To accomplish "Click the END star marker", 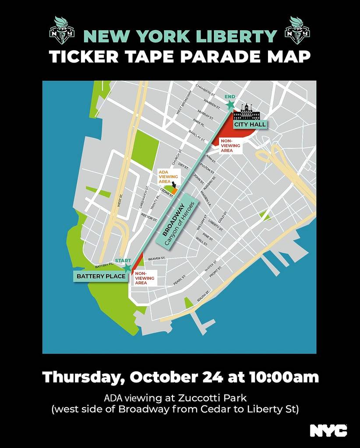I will click(229, 105).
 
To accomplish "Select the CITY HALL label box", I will click(250, 125).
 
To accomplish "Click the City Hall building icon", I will click(247, 113).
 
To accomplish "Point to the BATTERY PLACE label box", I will click(101, 276).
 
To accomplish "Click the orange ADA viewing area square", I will click(174, 191).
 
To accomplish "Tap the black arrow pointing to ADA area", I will click(173, 185).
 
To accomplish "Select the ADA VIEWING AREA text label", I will click(166, 176).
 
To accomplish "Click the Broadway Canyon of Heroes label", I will click(178, 224).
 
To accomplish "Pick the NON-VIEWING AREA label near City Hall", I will click(230, 146).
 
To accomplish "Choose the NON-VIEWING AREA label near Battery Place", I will click(144, 277).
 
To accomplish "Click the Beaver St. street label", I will click(156, 259).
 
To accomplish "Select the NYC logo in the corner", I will click(328, 430).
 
